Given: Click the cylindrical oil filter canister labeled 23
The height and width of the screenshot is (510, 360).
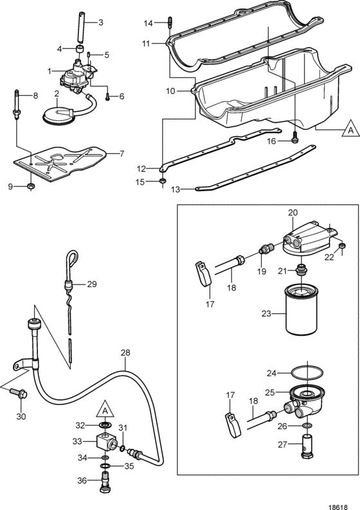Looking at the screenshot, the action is tap(301, 309).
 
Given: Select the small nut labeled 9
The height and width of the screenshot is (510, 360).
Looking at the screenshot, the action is tap(31, 186).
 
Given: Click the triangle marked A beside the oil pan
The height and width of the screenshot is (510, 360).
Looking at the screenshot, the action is tap(350, 130).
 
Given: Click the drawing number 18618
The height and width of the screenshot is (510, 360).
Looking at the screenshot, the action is tap(338, 507).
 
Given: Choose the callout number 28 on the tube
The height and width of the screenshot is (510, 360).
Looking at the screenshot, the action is tap(125, 352).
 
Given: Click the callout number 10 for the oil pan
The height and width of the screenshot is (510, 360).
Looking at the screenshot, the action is tap(170, 91).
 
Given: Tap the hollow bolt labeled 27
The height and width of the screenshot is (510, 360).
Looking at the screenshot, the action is tap(307, 446).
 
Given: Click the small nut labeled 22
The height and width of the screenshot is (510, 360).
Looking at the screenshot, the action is tap(342, 246).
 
